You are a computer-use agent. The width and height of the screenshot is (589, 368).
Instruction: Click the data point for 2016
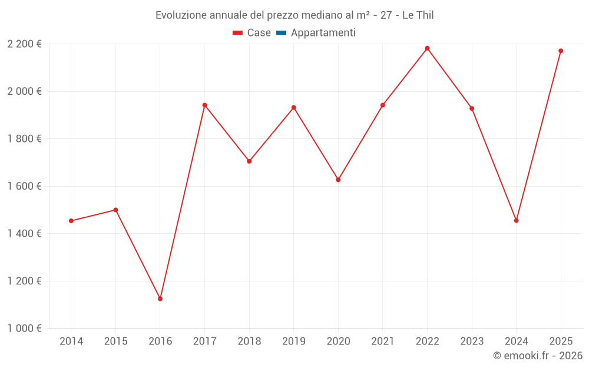160,299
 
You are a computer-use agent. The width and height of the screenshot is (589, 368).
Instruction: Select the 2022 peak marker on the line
427,48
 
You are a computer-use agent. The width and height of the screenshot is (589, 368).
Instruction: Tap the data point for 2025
561,51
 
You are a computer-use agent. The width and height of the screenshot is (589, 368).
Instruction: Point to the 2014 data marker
71,221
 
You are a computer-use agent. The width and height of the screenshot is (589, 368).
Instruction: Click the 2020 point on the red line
338,180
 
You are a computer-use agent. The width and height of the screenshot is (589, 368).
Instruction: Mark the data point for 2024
516,221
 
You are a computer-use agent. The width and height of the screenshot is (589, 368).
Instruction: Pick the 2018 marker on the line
249,161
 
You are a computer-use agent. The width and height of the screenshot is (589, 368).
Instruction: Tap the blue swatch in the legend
281,33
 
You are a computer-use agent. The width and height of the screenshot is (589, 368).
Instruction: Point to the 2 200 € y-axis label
24,44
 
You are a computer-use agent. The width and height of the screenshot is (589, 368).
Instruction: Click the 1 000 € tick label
24,329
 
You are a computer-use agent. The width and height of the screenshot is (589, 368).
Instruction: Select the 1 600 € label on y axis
24,186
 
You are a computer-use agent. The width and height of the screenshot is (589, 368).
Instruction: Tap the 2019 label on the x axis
293,342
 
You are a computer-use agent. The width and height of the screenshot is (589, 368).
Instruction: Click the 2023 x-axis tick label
472,342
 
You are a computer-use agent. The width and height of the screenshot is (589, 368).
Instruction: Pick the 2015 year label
115,342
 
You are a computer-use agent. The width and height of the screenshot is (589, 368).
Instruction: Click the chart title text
294,15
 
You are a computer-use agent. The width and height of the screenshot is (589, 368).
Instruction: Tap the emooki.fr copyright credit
537,356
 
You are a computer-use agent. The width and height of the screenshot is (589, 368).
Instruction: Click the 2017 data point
204,105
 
